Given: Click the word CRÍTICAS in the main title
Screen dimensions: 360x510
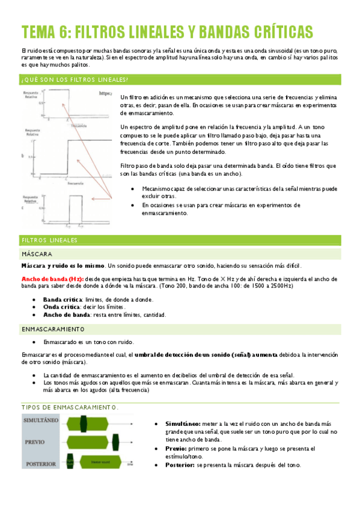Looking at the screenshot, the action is click(x=275, y=31).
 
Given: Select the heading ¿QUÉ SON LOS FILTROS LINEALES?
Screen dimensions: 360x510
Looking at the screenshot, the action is click(x=75, y=80).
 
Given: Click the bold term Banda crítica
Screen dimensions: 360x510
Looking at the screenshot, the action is click(x=63, y=299).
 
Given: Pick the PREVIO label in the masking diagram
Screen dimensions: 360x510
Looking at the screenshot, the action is click(x=34, y=441).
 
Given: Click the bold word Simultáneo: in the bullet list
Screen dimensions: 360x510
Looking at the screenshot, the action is click(x=183, y=425).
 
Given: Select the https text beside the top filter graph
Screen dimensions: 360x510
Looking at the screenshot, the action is click(x=105, y=94).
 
